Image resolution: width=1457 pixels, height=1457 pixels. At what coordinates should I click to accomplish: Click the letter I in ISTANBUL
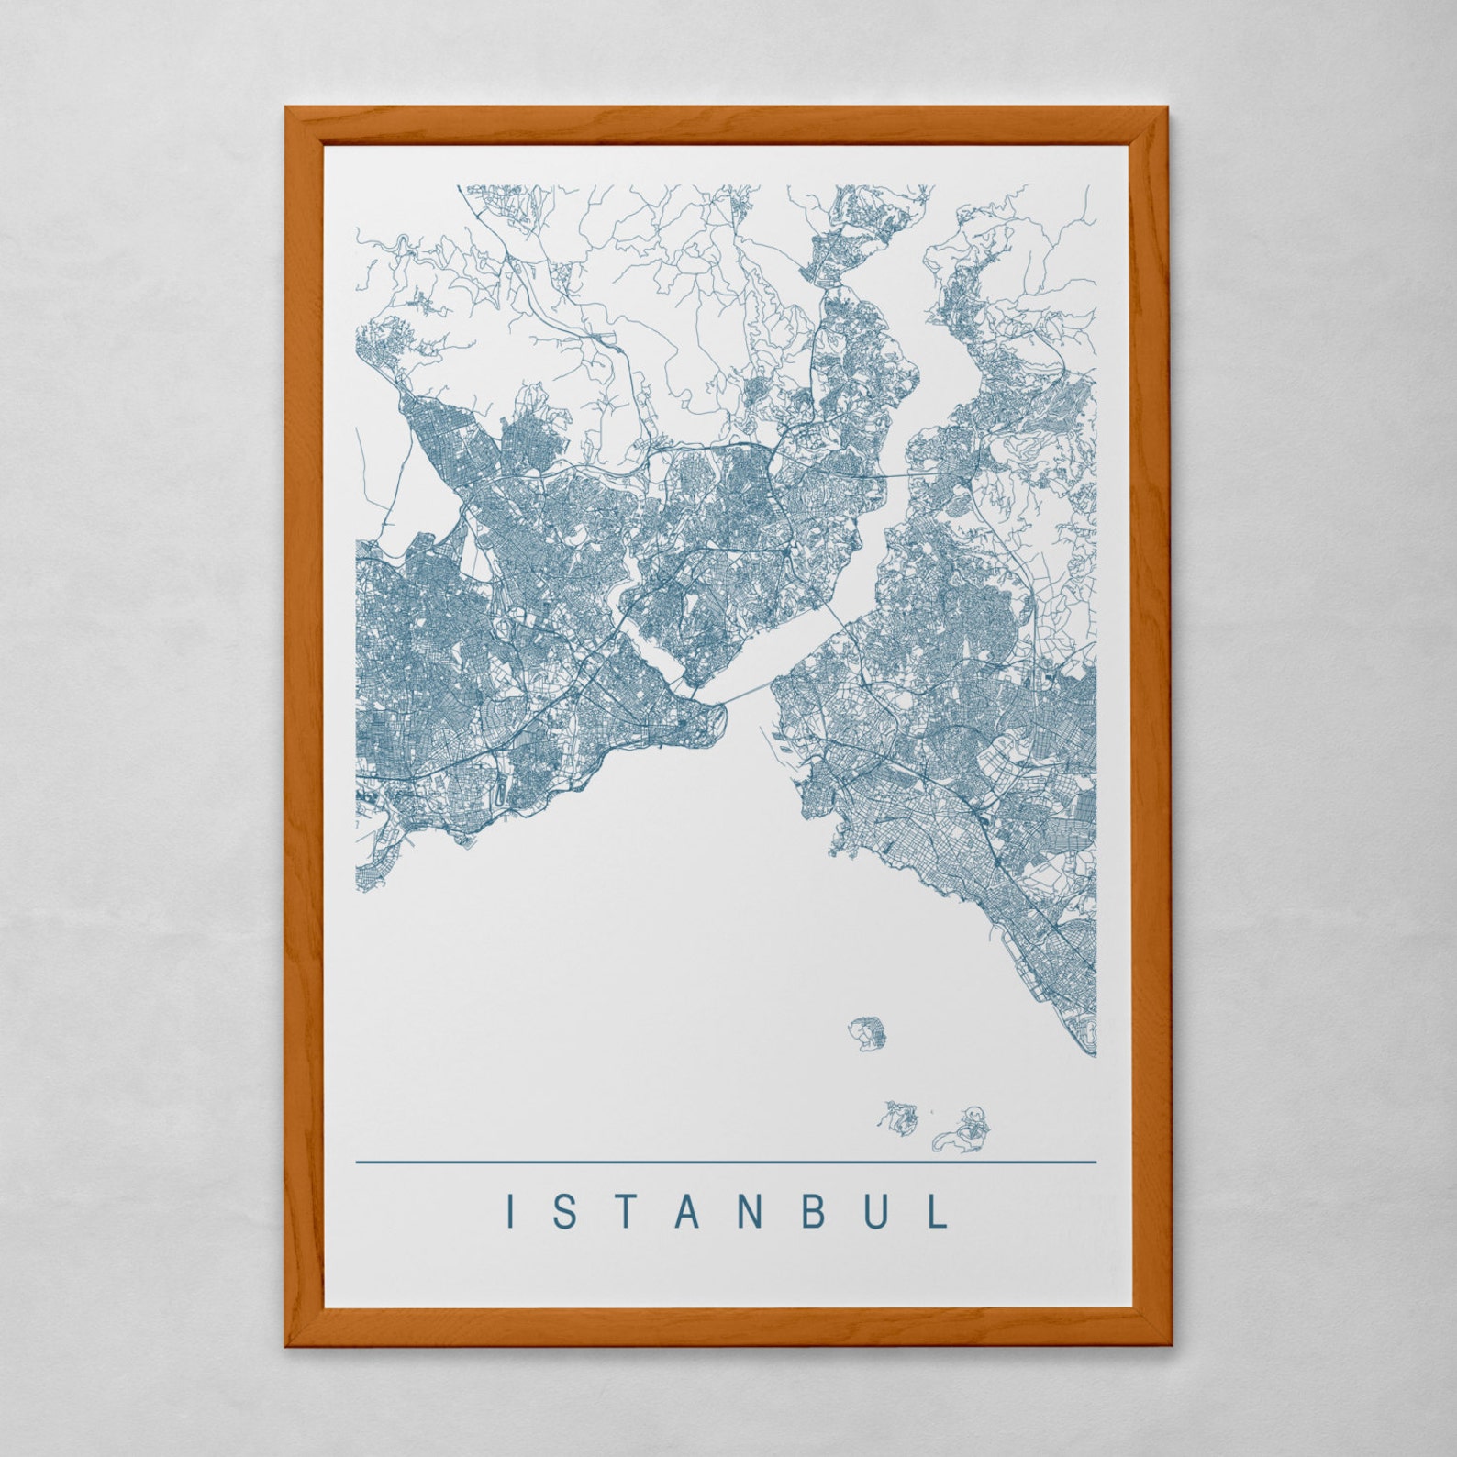pyautogui.click(x=511, y=1211)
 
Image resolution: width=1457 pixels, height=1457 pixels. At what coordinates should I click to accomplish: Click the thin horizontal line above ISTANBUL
pyautogui.click(x=725, y=1162)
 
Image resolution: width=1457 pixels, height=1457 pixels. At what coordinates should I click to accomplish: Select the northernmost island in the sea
pyautogui.click(x=868, y=1034)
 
